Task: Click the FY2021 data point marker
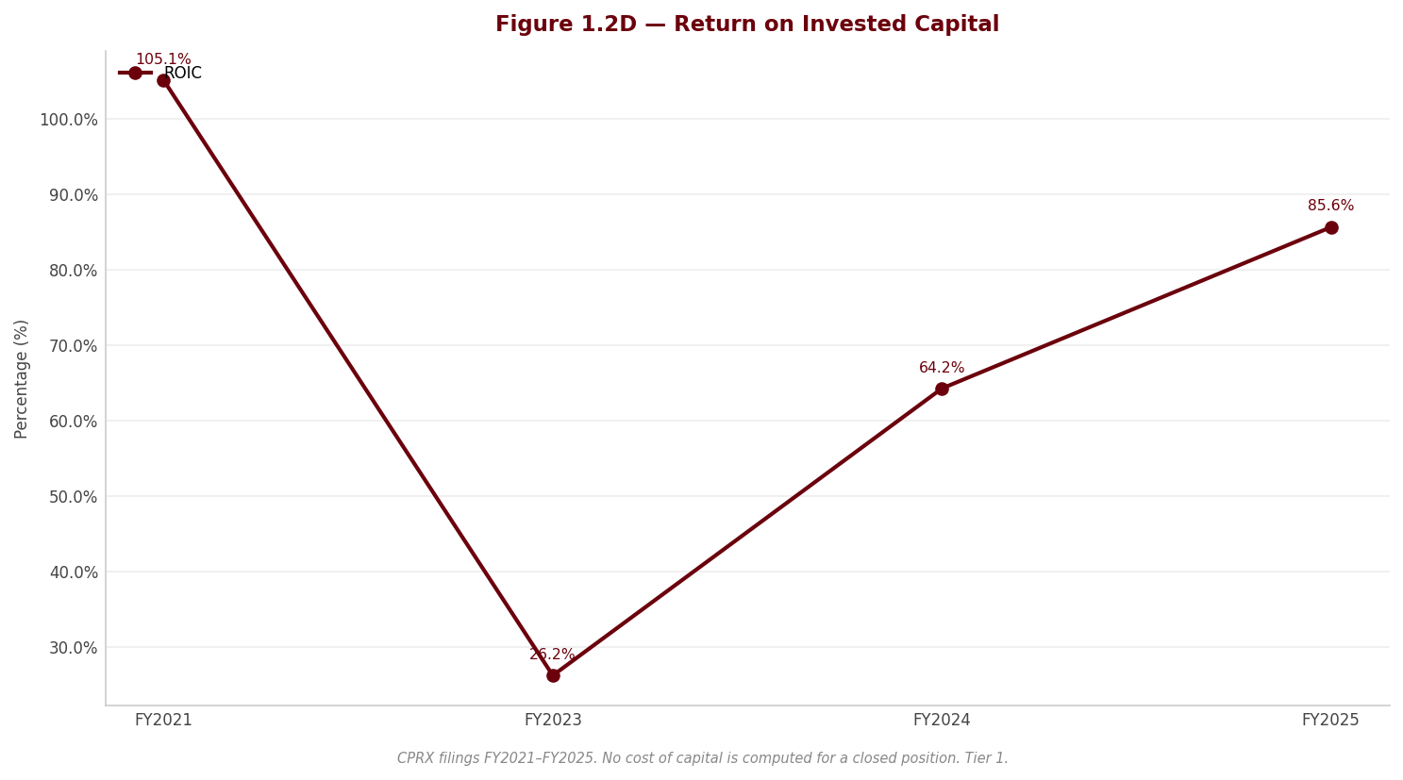tap(163, 81)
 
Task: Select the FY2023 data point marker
tap(553, 676)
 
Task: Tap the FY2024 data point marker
tap(942, 390)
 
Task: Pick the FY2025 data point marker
tap(1331, 228)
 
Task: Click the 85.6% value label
tap(1331, 206)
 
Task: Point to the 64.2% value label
tap(942, 368)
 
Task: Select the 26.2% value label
tap(552, 655)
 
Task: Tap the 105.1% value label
tap(163, 58)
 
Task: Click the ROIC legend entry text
tap(183, 74)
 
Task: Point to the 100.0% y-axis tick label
tap(69, 120)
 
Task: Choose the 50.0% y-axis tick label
tap(74, 497)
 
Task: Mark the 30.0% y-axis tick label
tap(74, 648)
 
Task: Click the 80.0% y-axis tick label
tap(74, 271)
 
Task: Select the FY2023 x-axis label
tap(553, 720)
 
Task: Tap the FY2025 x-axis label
tap(1331, 720)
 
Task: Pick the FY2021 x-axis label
tap(163, 720)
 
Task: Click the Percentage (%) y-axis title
tap(21, 379)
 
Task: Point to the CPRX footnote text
tap(703, 758)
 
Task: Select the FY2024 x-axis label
tap(942, 720)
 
